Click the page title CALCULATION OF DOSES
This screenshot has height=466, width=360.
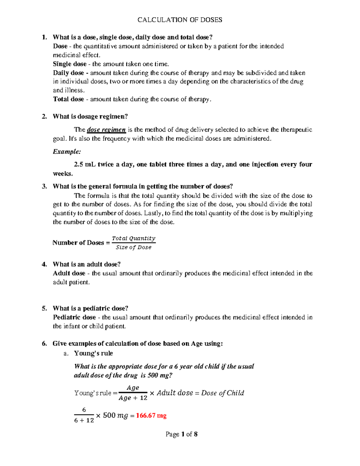tap(180, 20)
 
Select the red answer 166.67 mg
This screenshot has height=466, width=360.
tap(151, 416)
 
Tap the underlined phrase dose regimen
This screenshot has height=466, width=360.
tap(106, 130)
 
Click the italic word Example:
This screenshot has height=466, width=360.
tap(67, 152)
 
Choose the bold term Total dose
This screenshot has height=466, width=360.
tap(68, 99)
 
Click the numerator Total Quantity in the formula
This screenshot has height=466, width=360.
tap(133, 238)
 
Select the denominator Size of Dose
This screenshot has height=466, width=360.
tap(133, 247)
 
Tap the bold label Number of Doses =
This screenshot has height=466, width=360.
tap(81, 243)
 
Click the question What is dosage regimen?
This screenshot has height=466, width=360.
tap(90, 116)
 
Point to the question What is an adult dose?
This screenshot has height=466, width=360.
tap(86, 264)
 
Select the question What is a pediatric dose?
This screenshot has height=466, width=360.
tap(90, 308)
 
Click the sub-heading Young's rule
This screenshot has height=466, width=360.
tap(93, 353)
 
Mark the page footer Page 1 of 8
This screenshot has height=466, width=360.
tap(181, 434)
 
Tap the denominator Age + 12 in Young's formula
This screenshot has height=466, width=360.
tap(133, 398)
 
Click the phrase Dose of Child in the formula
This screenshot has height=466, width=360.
tap(222, 393)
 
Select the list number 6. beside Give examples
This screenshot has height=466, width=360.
tap(44, 344)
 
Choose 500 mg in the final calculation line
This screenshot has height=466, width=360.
tap(115, 416)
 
